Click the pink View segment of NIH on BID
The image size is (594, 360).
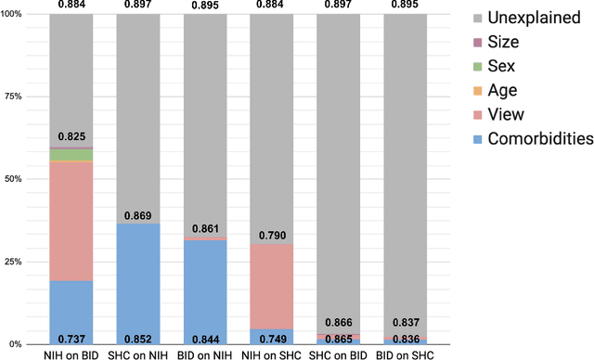71,221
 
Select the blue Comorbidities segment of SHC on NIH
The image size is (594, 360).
137,278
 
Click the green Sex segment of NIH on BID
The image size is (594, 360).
71,155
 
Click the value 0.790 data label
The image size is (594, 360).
271,234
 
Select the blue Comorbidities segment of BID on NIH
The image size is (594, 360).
204,283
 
